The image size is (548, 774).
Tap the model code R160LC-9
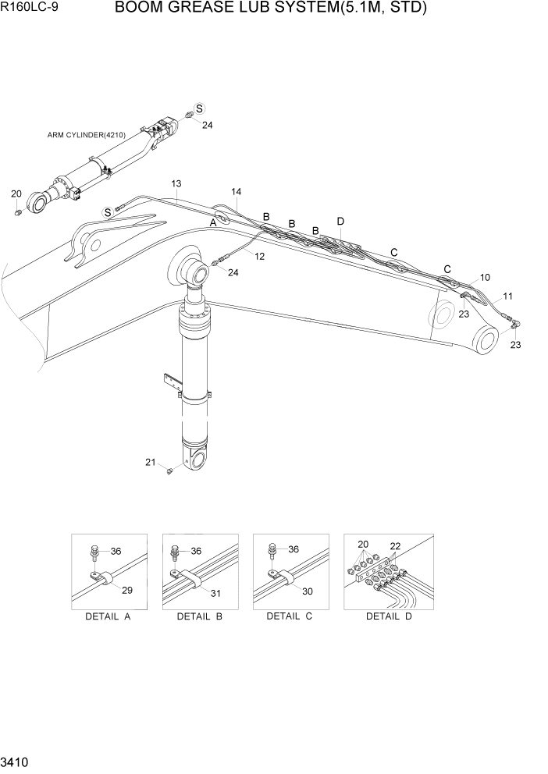(x=34, y=10)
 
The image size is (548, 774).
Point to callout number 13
(x=176, y=183)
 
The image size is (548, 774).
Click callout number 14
(x=236, y=191)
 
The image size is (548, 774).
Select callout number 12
(x=259, y=256)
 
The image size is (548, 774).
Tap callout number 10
(x=485, y=277)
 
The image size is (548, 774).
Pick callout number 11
(x=507, y=296)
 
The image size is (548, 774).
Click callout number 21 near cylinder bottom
(x=150, y=462)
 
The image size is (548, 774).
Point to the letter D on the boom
(x=340, y=222)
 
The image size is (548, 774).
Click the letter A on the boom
(x=212, y=222)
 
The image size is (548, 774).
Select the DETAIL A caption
(x=108, y=617)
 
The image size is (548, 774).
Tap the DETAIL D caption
(x=389, y=617)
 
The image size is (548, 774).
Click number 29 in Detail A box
(x=127, y=590)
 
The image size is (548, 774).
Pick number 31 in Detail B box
(x=216, y=593)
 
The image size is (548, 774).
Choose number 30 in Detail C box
(x=308, y=591)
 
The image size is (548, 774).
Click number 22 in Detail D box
(x=395, y=546)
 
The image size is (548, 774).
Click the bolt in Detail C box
(x=273, y=551)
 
